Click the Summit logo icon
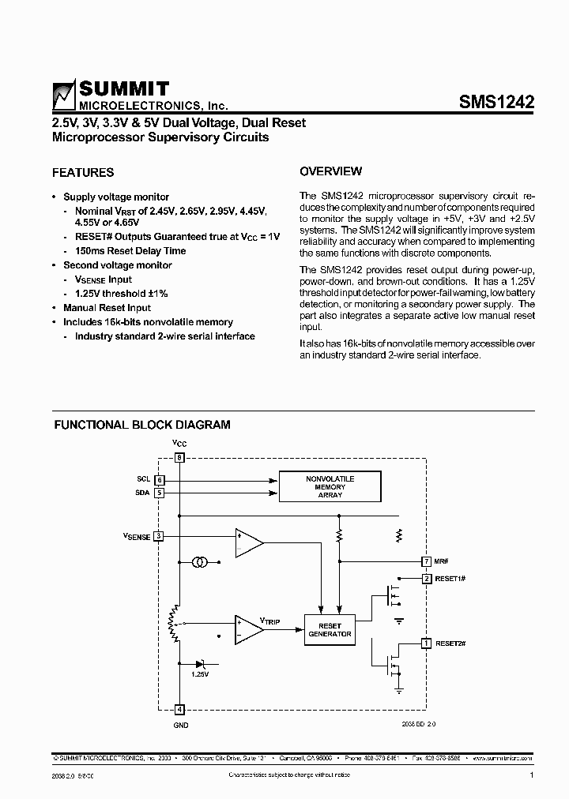click(x=62, y=94)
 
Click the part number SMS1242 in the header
click(x=496, y=101)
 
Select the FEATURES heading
click(x=83, y=172)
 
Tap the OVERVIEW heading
click(x=331, y=171)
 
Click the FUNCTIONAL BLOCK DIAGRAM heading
click(x=142, y=425)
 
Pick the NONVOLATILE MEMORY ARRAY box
click(x=330, y=486)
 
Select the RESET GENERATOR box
click(x=330, y=629)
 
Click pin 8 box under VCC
click(x=179, y=457)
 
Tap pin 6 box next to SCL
click(x=159, y=480)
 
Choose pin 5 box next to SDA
click(x=159, y=493)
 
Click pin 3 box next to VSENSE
click(x=159, y=536)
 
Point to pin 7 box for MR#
click(x=427, y=561)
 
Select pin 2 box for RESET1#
click(x=427, y=579)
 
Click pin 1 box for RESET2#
click(x=427, y=643)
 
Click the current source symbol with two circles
click(x=201, y=562)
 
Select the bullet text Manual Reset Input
click(x=107, y=308)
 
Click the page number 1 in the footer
click(x=532, y=776)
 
